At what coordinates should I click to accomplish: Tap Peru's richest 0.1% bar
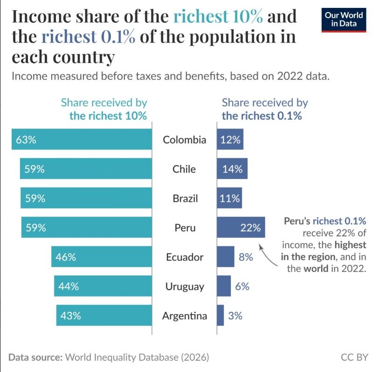click(240, 227)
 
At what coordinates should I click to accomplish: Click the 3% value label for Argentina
click(235, 316)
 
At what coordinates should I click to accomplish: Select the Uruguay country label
click(185, 286)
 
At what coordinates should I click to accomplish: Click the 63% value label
click(26, 139)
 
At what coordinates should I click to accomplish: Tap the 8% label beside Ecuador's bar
click(246, 257)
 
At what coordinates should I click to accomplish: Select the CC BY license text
click(354, 358)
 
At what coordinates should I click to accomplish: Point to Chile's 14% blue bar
click(232, 169)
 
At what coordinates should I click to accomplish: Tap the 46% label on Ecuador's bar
click(66, 257)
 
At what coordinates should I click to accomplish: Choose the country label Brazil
click(185, 198)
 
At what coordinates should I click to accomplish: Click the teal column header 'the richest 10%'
click(108, 116)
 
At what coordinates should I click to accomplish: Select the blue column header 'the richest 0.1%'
click(262, 116)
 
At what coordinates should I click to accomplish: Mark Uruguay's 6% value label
click(242, 286)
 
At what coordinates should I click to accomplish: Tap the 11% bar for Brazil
click(229, 198)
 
